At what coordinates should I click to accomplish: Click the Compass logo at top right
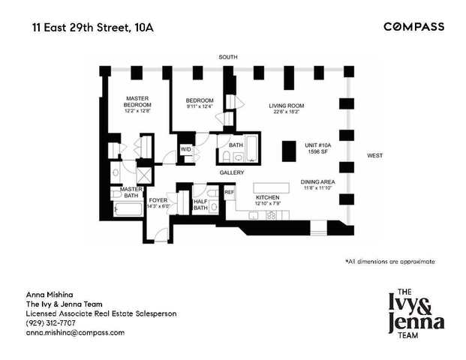[413, 27]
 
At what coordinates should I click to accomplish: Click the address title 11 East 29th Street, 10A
[94, 28]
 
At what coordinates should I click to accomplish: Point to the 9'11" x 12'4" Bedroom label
[200, 104]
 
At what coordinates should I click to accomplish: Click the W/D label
[185, 148]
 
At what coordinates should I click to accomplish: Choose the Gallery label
[232, 172]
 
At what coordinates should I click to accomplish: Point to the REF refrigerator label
[230, 193]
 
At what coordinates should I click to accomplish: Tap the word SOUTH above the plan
[229, 57]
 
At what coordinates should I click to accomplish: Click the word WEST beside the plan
[374, 155]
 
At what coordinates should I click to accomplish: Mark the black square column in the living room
[288, 151]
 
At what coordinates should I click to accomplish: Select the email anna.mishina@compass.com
[75, 331]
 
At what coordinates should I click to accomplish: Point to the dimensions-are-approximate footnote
[389, 261]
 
